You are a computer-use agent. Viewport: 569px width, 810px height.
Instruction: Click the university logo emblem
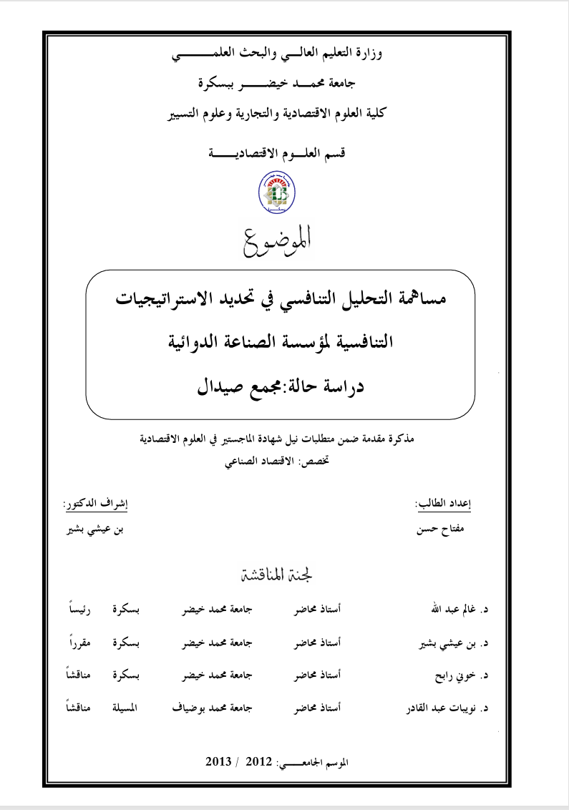(x=276, y=193)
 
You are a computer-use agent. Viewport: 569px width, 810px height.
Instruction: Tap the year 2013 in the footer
(x=218, y=761)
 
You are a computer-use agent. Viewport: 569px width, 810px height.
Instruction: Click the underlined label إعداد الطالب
(x=443, y=504)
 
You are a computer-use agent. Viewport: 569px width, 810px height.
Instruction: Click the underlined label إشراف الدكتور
(x=97, y=504)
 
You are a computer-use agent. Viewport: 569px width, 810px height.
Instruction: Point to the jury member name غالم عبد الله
(x=454, y=610)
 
